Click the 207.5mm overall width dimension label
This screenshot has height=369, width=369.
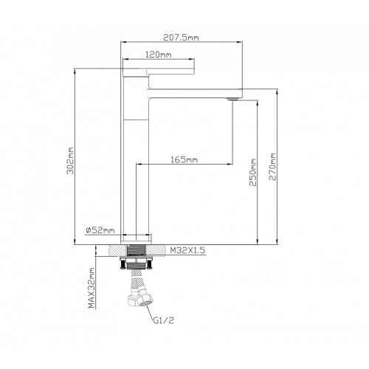point(181,38)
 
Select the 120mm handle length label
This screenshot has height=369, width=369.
point(159,55)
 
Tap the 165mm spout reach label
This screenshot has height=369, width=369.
point(184,159)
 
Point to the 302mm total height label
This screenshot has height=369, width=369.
point(71,161)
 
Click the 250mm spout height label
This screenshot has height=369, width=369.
point(253,172)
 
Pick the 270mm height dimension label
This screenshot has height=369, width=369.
point(272,167)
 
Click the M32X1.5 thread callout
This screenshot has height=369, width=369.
point(187,250)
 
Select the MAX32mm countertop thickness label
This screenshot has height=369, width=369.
point(92,288)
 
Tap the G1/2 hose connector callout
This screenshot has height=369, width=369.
point(164,320)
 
